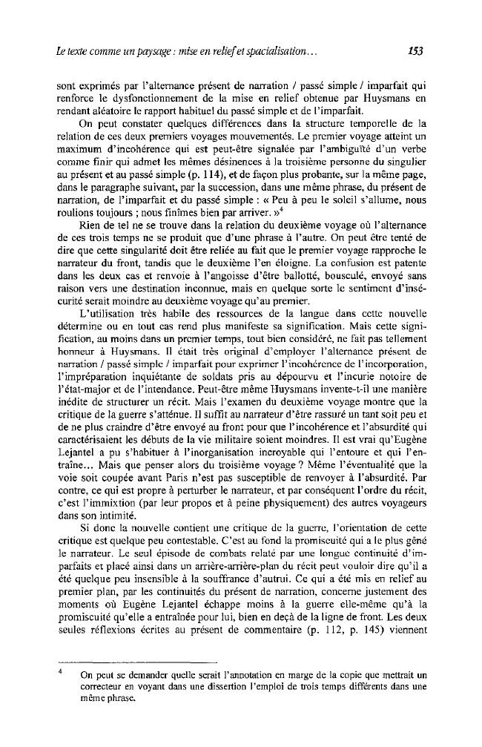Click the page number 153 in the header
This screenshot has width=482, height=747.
pos(416,53)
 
